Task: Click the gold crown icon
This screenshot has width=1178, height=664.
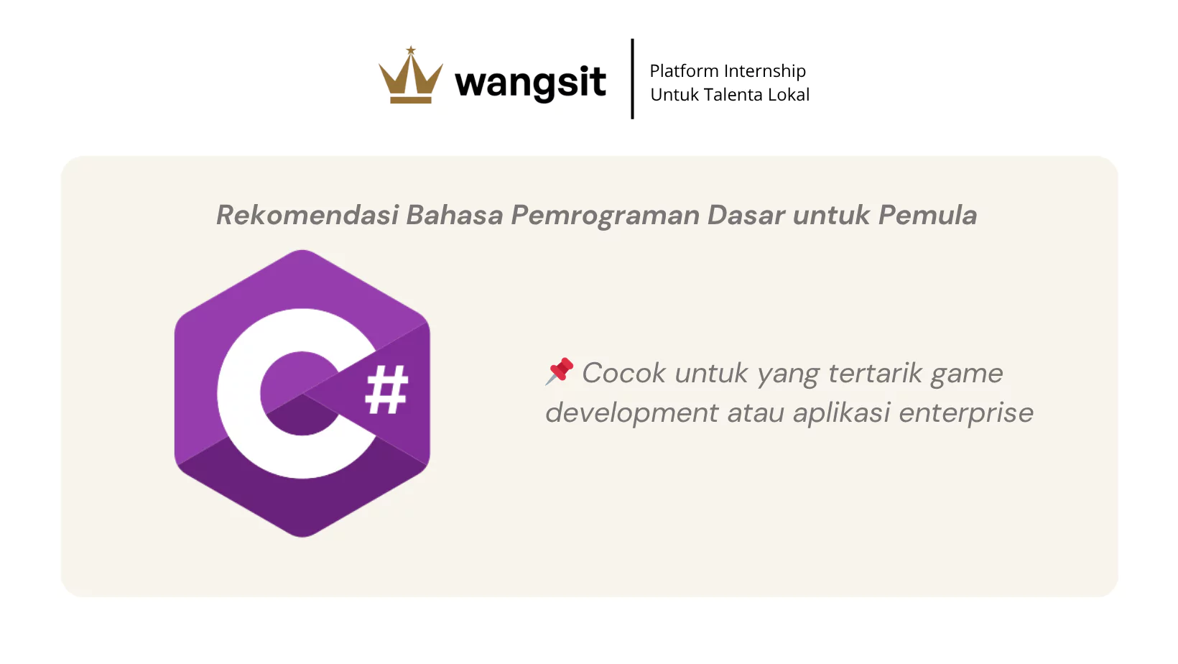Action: click(411, 75)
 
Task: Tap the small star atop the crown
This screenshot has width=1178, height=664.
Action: click(411, 50)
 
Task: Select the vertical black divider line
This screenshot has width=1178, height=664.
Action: click(632, 79)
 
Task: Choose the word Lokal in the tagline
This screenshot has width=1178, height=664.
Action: click(789, 95)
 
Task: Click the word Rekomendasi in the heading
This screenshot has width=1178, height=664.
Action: click(307, 215)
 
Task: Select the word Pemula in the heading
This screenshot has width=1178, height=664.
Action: click(928, 215)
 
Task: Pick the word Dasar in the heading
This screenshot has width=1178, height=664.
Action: click(746, 215)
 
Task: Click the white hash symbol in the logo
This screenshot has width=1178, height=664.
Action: click(386, 390)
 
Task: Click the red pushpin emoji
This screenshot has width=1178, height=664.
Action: click(559, 371)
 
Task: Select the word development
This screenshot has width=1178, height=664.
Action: click(631, 413)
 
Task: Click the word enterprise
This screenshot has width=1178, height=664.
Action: click(966, 413)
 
